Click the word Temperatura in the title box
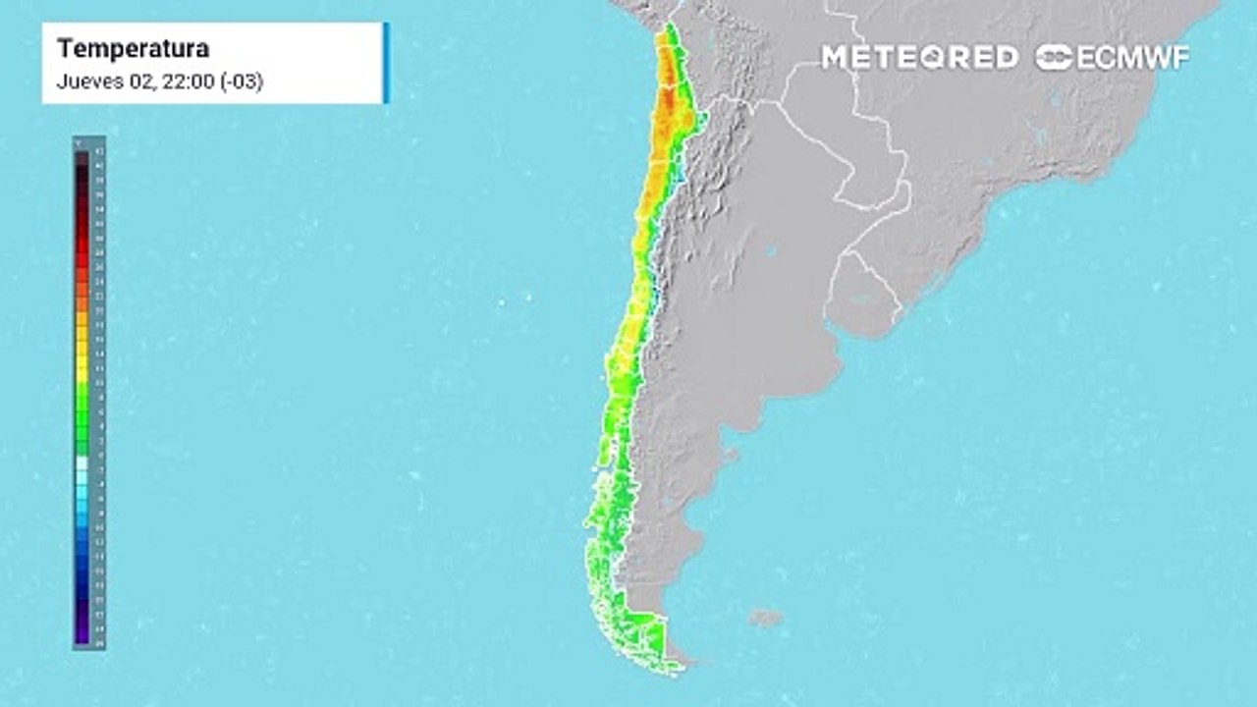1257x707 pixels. pyautogui.click(x=133, y=49)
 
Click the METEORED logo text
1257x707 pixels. pyautogui.click(x=919, y=58)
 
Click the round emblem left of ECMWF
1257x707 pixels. pyautogui.click(x=1054, y=58)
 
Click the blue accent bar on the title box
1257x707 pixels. pyautogui.click(x=386, y=63)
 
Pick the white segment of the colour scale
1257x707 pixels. pyautogui.click(x=82, y=463)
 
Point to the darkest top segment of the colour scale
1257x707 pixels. pyautogui.click(x=82, y=157)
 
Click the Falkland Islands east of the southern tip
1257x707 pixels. pyautogui.click(x=765, y=618)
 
